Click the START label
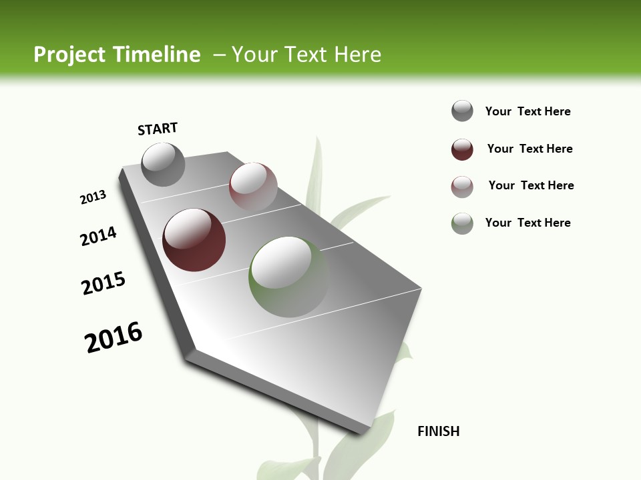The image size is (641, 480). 158,129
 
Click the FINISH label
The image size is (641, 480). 438,431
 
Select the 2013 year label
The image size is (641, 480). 93,197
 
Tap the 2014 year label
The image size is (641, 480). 98,237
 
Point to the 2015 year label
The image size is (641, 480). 103,283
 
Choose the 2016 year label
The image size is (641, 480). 114,337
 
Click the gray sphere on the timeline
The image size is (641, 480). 163,165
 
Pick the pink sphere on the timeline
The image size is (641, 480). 253,187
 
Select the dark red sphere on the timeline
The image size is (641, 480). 194,240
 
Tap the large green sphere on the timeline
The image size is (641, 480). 289,276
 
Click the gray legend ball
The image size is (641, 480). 462,111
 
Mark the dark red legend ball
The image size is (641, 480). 462,149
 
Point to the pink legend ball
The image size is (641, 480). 462,187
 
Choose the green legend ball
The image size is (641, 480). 462,223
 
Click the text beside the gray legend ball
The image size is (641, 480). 527,111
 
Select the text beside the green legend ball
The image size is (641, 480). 527,223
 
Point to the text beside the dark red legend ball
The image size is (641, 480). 529,149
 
